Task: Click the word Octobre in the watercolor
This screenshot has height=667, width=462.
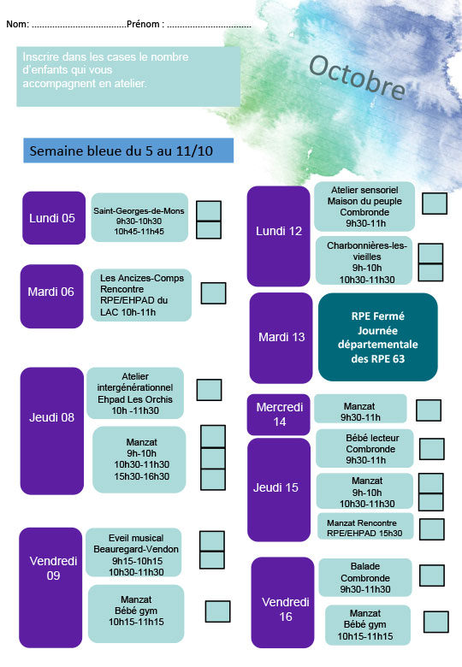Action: click(358, 77)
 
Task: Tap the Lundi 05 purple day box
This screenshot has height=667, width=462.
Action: click(54, 218)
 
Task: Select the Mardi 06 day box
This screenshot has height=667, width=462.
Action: click(52, 296)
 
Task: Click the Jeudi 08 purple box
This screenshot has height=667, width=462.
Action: click(52, 431)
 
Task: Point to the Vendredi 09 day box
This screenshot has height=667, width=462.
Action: click(50, 587)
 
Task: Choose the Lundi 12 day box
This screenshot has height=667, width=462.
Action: click(279, 236)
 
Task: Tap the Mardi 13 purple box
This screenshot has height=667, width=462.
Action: click(281, 338)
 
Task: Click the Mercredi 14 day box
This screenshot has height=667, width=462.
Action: click(279, 415)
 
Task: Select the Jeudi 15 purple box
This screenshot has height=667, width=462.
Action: click(279, 490)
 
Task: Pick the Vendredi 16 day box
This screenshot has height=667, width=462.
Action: click(283, 602)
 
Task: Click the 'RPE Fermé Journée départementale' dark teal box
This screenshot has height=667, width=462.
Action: click(378, 337)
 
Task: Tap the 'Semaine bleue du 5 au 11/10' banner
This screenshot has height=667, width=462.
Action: click(128, 151)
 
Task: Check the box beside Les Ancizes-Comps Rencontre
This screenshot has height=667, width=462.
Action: click(213, 293)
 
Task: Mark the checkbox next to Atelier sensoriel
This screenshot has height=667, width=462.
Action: click(435, 204)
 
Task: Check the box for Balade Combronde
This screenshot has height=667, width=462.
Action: click(432, 576)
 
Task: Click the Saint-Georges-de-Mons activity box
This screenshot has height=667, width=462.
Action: click(139, 217)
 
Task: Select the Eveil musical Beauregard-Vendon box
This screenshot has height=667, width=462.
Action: click(133, 552)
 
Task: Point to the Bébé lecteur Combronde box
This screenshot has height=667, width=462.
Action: click(364, 448)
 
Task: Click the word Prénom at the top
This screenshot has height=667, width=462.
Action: click(143, 24)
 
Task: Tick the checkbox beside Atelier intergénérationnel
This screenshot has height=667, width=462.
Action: click(209, 390)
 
